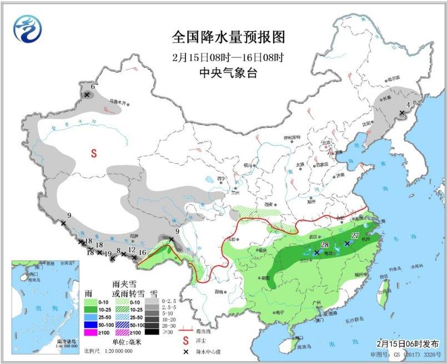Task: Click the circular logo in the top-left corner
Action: coord(28,29)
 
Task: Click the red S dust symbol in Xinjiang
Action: coord(94,153)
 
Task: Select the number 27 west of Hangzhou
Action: coord(355,236)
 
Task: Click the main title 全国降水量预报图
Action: coord(228,37)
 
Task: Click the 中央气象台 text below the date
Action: coord(228,73)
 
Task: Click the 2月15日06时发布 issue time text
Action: coord(410,344)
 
